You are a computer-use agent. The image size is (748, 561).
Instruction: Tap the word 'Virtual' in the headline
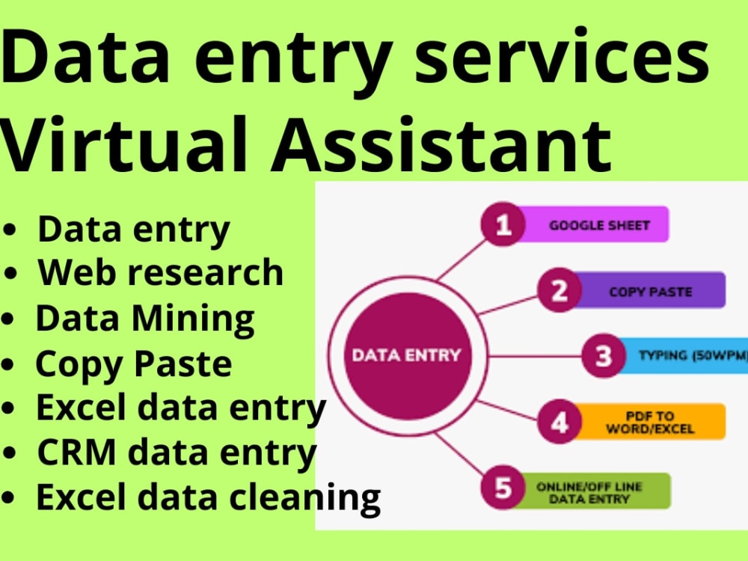pos(124,144)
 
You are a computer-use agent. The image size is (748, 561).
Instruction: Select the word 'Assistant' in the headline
pos(441,144)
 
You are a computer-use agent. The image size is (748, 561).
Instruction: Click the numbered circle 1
pos(503,224)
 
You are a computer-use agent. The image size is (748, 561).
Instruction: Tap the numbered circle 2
pos(560,290)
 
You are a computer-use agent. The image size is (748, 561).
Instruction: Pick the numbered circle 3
pos(604,355)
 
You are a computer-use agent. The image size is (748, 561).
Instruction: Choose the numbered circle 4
pos(560,422)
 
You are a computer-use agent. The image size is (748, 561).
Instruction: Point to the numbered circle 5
pos(503,488)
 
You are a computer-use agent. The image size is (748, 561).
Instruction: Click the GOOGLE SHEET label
pos(600,225)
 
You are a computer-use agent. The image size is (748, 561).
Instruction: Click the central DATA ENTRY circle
pos(408,356)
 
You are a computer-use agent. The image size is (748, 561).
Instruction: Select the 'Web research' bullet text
pos(161,272)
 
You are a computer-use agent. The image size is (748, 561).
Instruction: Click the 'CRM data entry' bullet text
pos(177,453)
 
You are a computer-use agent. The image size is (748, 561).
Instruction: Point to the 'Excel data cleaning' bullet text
pos(209,498)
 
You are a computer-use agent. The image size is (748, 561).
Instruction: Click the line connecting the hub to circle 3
pos(535,356)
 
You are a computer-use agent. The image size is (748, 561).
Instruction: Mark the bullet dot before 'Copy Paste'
pos(8,364)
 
